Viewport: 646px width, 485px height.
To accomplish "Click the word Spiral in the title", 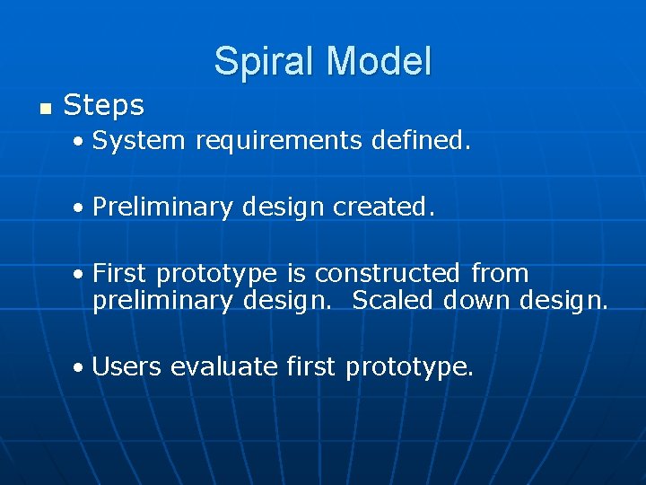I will pyautogui.click(x=266, y=61).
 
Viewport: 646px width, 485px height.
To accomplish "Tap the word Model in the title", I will pyautogui.click(x=380, y=61).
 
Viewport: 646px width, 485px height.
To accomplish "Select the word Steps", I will pyautogui.click(x=104, y=106).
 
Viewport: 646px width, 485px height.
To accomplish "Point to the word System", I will pyautogui.click(x=139, y=141).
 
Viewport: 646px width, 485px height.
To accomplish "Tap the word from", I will pyautogui.click(x=500, y=273).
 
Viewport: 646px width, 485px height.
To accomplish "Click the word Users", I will pyautogui.click(x=127, y=366).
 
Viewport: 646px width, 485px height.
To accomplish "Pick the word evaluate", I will pyautogui.click(x=224, y=366).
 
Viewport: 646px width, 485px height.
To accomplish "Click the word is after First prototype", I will pyautogui.click(x=296, y=273).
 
